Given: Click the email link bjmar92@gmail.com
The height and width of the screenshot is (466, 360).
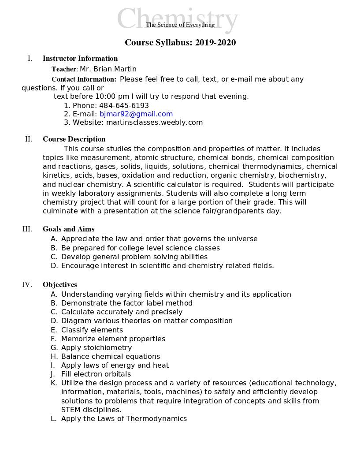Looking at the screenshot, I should [136, 114].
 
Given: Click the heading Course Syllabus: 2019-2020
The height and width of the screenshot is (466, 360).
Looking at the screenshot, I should [180, 43].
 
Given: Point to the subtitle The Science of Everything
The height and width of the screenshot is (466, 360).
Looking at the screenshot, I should [180, 25].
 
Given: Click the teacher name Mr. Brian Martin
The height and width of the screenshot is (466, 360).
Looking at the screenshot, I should [108, 69].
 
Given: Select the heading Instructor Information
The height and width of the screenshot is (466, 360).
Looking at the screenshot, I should [80, 58].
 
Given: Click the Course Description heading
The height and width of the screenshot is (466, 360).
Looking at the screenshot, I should [74, 139].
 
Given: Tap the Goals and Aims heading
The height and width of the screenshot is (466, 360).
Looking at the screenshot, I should [68, 229].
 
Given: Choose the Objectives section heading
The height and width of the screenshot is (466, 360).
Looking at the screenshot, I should [60, 284].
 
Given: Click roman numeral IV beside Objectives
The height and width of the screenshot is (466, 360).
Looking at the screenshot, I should [27, 284].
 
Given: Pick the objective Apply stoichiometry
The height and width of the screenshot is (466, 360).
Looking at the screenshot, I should [96, 347].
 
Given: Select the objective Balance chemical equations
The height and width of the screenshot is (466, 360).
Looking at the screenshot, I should [111, 356].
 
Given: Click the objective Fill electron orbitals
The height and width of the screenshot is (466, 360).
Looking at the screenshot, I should [96, 374].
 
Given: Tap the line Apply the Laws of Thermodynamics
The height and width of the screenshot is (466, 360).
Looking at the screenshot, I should [124, 418].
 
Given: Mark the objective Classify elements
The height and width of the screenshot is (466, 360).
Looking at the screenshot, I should [92, 330].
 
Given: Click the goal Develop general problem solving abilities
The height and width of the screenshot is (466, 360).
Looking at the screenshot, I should [134, 257].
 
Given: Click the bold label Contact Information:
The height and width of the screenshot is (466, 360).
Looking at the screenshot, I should [84, 79].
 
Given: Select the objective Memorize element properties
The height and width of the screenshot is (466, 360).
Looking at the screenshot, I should [113, 339].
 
